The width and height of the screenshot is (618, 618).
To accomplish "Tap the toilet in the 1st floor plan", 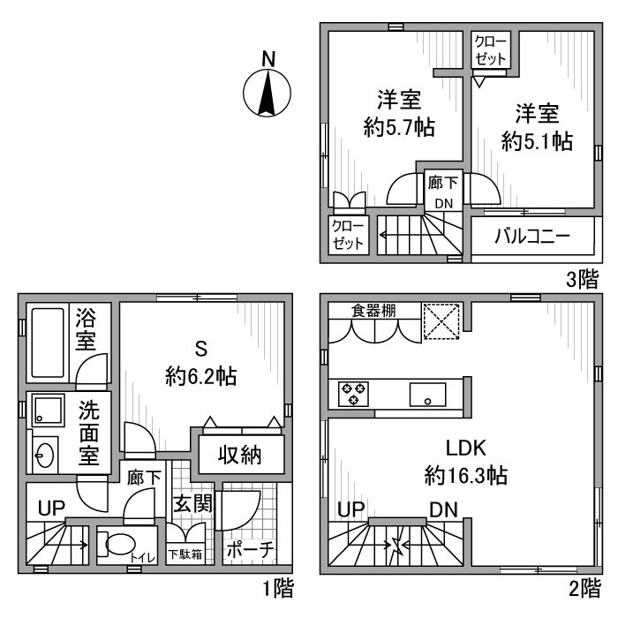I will (114, 546).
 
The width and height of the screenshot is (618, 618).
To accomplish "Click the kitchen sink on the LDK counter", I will (427, 394).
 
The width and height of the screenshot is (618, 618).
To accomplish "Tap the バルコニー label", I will (531, 237).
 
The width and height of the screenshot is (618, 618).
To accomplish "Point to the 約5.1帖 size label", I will (537, 139).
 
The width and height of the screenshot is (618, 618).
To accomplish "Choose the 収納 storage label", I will (240, 456).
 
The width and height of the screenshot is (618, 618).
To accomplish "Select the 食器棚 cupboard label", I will (373, 310).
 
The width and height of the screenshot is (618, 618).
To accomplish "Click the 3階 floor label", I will (582, 281).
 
